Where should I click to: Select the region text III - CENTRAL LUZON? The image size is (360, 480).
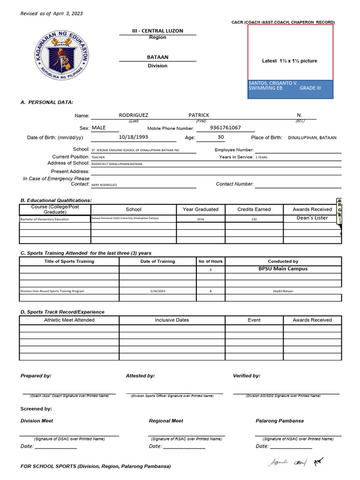pos(157,31)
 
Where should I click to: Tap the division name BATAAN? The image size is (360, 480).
pos(157,57)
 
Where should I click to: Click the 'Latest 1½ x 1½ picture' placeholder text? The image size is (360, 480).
pos(289,61)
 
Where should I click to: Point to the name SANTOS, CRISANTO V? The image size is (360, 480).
pos(273,83)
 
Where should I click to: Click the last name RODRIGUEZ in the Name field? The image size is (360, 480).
pos(134,115)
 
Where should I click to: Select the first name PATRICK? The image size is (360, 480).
pos(199,115)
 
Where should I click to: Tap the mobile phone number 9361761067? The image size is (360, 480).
pos(225,128)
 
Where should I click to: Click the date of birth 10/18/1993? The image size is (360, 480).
pos(133,137)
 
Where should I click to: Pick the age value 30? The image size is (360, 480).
pos(221,137)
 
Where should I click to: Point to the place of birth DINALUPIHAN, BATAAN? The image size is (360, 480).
pos(312,138)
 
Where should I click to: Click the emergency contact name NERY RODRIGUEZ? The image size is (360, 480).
pos(104,185)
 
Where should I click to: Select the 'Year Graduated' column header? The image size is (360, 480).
pos(201,210)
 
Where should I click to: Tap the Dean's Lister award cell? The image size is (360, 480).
pos(312,218)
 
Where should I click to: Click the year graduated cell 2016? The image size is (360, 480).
pos(201,219)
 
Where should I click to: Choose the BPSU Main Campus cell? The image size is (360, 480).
pos(283,269)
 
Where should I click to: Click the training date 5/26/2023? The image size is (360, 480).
pos(157,291)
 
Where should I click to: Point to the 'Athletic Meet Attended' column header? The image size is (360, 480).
pos(69,320)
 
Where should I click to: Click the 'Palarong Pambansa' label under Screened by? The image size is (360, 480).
pos(279,421)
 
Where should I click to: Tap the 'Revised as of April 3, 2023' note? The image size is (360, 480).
pos(52,14)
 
